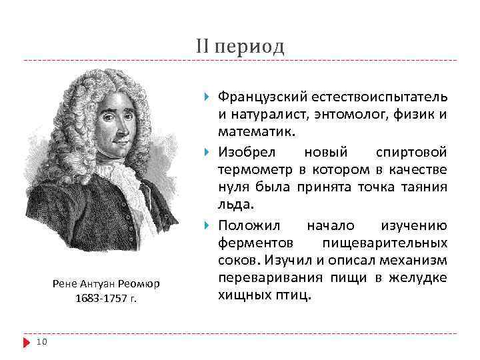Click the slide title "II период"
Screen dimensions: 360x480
(x=240, y=46)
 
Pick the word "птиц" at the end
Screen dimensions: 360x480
(x=293, y=294)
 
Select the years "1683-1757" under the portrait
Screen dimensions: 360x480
(x=101, y=298)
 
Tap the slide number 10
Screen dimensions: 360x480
(x=41, y=342)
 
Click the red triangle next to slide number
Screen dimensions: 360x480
(x=26, y=342)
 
